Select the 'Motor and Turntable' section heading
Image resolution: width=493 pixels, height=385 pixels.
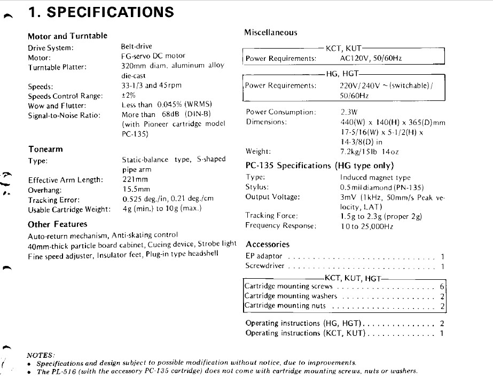[x=67, y=36]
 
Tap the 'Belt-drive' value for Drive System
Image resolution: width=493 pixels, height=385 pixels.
[x=137, y=46]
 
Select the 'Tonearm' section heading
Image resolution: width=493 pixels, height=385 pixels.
[x=45, y=149]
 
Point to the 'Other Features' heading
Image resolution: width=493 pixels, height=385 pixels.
[x=57, y=224]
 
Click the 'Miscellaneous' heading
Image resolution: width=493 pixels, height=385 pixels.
[x=270, y=33]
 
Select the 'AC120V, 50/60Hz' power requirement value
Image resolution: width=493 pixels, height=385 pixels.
[x=371, y=58]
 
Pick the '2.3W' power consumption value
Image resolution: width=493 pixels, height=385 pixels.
[x=349, y=112]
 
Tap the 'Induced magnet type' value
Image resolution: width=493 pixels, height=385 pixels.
[x=375, y=177]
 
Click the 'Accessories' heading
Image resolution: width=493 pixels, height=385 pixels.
[x=267, y=244]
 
